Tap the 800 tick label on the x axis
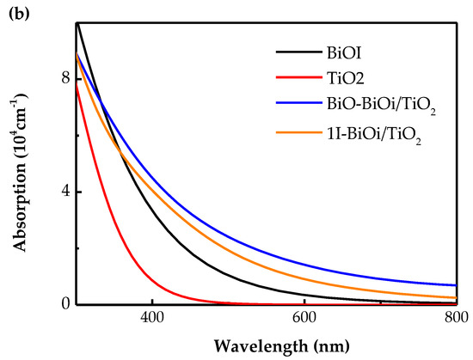[x=455, y=318]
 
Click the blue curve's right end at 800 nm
[x=455, y=285]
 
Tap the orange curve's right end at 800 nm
[x=455, y=297]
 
